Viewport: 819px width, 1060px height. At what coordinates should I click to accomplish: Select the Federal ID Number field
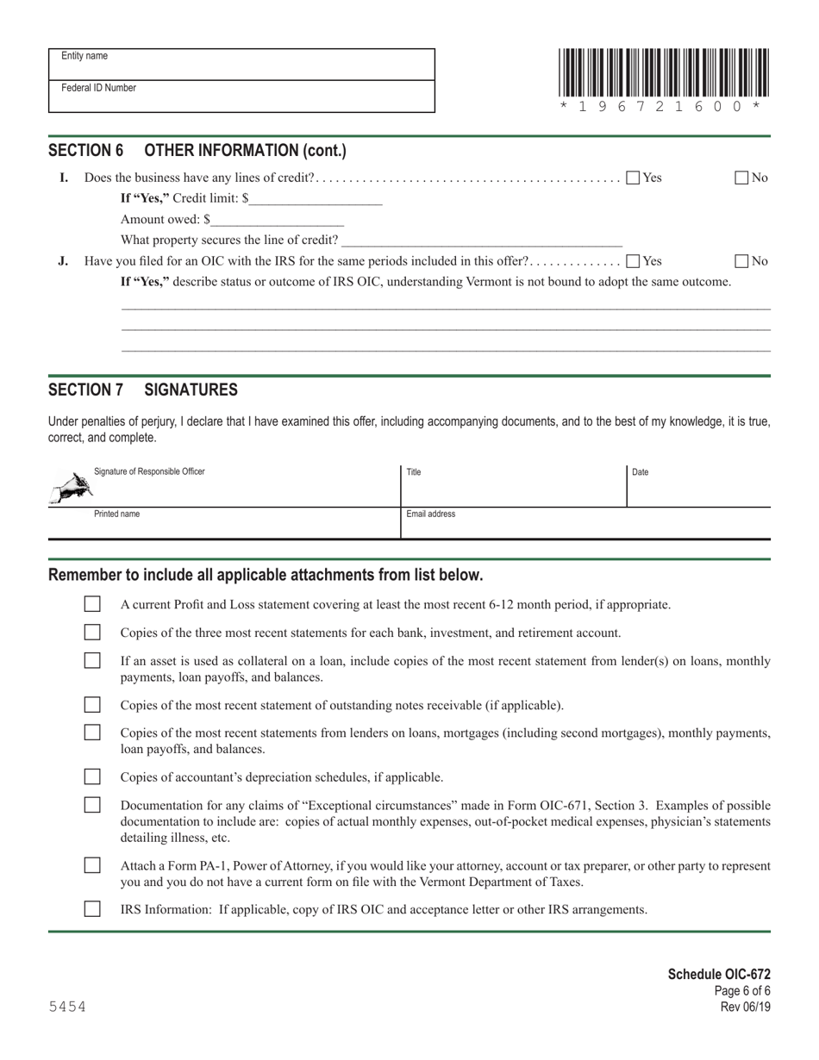241,97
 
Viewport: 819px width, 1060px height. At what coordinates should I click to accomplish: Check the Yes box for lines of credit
633,178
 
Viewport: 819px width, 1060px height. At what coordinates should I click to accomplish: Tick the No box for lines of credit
741,178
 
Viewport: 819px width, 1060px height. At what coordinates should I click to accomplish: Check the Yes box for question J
633,261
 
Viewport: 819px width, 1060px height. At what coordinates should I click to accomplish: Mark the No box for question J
741,261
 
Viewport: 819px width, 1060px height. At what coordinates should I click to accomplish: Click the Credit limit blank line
316,199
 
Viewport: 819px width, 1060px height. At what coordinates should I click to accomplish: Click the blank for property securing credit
482,240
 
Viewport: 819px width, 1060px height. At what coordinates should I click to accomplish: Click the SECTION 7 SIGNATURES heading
143,390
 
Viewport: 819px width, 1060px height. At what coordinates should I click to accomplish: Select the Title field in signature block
513,488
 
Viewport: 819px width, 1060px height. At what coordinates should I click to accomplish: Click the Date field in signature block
698,488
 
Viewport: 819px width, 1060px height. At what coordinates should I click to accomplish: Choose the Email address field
585,524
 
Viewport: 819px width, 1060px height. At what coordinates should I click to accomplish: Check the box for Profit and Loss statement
92,604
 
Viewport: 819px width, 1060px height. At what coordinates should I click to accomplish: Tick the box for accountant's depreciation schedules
92,776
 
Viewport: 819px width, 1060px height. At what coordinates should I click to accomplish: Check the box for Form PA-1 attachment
92,865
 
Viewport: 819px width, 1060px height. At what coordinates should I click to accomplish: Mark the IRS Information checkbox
92,908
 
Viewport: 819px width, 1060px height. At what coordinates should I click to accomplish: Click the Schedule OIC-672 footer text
719,975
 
